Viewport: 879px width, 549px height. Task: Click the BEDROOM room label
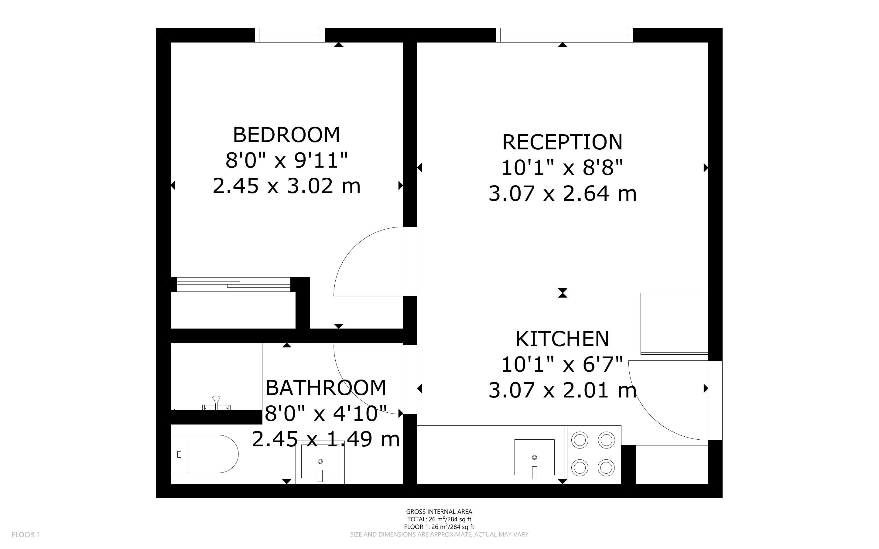pos(286,135)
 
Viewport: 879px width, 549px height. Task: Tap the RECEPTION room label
pos(563,142)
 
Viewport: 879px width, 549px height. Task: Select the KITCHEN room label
pos(563,339)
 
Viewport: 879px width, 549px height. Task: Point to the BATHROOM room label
pos(326,388)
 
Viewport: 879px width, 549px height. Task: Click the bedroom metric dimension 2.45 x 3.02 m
pos(286,186)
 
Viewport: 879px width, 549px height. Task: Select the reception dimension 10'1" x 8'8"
pos(563,167)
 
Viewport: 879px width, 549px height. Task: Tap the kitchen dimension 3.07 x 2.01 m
pos(563,390)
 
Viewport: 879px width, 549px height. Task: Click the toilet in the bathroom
pos(204,454)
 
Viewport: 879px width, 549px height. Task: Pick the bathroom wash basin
pos(320,462)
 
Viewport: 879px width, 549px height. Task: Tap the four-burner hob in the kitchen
pos(593,454)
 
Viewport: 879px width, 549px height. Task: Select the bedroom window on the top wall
pos(289,35)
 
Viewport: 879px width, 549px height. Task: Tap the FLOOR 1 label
pos(26,534)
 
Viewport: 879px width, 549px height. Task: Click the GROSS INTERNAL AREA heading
pos(439,512)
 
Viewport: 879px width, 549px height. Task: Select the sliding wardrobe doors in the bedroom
pos(234,284)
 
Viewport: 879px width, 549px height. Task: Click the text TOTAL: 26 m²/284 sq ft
pos(439,519)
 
